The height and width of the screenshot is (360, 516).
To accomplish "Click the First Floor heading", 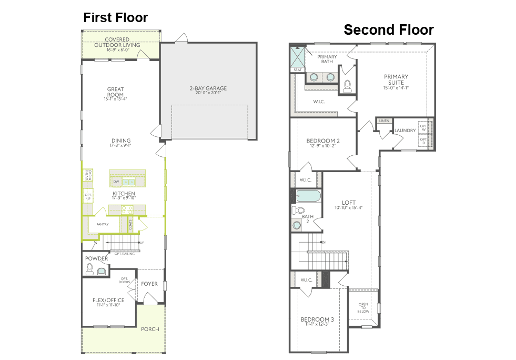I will (x=116, y=18).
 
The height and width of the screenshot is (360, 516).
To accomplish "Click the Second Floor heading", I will (x=389, y=30).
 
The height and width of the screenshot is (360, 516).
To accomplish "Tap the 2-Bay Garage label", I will (x=208, y=88).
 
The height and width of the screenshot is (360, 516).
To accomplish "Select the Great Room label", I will (x=115, y=92).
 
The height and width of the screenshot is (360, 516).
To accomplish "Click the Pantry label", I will (x=102, y=225).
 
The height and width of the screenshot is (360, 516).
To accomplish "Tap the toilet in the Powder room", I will (x=89, y=269).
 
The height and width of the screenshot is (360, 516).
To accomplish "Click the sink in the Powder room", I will (x=102, y=271).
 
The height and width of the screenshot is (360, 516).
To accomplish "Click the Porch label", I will (x=149, y=329).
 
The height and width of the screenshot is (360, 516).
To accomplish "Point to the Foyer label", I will (x=149, y=284).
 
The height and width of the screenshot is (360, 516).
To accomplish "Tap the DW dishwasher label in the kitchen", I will (x=116, y=182).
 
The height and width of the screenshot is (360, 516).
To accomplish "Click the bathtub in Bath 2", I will (x=308, y=196).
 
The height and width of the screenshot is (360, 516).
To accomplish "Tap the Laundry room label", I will (x=405, y=131).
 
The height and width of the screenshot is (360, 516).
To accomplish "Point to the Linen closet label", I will (x=383, y=121).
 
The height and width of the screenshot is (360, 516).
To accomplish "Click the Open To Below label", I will (x=363, y=308).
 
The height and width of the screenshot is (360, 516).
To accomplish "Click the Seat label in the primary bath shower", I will (x=298, y=69).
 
